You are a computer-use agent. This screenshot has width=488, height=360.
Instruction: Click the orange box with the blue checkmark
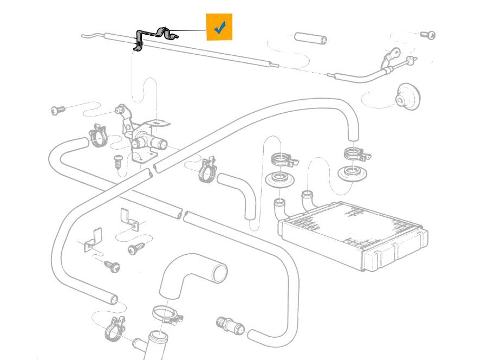pos(219,27)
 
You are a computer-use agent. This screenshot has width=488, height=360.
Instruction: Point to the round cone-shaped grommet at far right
pos(408,96)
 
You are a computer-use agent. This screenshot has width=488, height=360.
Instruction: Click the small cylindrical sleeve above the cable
pos(311,38)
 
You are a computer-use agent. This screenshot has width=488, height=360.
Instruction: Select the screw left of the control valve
pos(57,110)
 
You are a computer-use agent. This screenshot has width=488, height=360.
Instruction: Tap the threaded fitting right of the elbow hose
pos(227,324)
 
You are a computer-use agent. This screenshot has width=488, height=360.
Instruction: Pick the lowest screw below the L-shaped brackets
pos(112,266)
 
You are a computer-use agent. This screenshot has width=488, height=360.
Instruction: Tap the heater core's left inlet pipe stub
pos(281,208)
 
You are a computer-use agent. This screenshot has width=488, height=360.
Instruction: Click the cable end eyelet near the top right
pos(393,54)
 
